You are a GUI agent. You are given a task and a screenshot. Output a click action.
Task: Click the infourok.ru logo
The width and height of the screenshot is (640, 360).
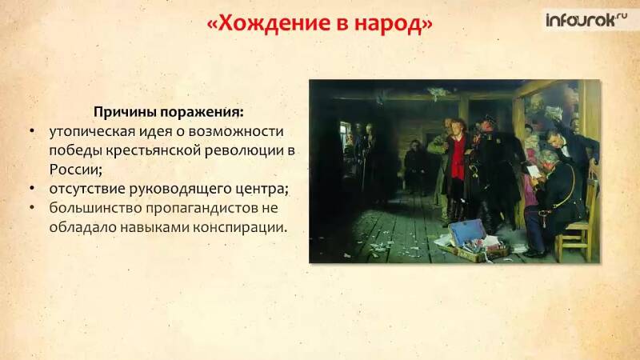pyautogui.click(x=586, y=19)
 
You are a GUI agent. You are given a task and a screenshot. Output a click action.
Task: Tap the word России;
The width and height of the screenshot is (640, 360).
pyautogui.click(x=75, y=170)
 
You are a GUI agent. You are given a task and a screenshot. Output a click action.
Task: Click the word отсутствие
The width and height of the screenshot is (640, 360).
pyautogui.click(x=87, y=189)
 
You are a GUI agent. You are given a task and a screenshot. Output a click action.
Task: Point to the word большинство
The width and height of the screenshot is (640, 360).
pyautogui.click(x=95, y=208)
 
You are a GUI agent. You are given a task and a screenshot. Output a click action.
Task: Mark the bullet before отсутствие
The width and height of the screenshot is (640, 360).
pyautogui.click(x=32, y=189)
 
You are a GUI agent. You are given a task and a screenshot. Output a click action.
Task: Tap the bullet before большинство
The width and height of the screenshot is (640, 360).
pyautogui.click(x=32, y=207)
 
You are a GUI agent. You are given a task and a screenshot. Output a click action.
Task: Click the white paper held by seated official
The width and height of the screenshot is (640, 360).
pyautogui.click(x=534, y=171)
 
